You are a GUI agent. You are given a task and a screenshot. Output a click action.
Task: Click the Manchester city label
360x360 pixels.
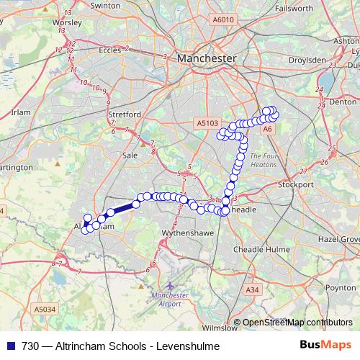pyautogui.click(x=206, y=58)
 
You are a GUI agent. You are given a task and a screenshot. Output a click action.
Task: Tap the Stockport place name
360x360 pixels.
pyautogui.click(x=296, y=184)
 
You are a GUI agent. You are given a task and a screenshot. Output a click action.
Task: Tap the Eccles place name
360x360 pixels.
pyautogui.click(x=110, y=50)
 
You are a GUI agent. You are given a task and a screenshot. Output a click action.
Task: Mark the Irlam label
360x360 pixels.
pyautogui.click(x=22, y=112)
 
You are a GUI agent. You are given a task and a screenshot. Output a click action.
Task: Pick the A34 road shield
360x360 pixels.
pyautogui.click(x=251, y=289)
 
